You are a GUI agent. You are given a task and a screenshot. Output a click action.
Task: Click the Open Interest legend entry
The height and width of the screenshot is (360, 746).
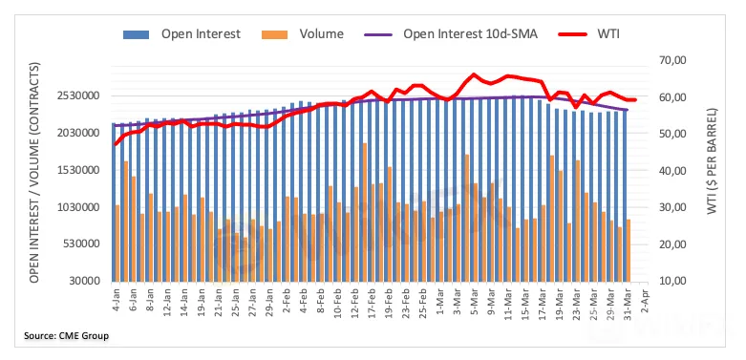[181, 34]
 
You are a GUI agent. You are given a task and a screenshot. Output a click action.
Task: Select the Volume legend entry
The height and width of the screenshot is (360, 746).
[303, 34]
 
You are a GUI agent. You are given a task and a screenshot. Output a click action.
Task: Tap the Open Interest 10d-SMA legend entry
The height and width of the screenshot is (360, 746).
[451, 34]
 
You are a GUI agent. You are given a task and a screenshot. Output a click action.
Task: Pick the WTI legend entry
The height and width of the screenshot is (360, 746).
[587, 34]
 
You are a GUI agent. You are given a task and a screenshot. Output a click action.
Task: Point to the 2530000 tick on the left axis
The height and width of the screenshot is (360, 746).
[80, 96]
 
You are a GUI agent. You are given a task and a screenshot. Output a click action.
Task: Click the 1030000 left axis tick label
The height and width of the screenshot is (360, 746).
[80, 207]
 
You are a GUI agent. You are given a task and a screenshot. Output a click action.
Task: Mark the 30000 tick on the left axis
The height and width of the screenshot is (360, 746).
[87, 281]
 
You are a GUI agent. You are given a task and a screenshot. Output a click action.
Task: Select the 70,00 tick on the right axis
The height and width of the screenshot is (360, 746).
[671, 60]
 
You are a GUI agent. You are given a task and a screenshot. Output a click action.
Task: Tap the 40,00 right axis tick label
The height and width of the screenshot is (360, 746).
[671, 171]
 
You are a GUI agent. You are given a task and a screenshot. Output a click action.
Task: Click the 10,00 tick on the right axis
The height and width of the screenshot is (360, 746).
[671, 281]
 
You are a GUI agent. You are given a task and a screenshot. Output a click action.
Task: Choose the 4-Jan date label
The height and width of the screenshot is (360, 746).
[116, 298]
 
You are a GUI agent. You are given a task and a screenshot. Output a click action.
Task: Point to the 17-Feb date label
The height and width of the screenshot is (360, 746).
[372, 300]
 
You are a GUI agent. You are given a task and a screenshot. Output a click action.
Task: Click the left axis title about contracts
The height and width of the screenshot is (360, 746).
[34, 172]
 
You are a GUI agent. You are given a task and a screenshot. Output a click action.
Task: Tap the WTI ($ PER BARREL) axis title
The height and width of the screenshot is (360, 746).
[712, 161]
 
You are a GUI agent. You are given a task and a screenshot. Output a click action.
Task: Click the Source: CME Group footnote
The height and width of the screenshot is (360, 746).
[67, 336]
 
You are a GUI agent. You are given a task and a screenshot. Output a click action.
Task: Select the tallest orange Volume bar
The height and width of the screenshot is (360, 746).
[365, 212]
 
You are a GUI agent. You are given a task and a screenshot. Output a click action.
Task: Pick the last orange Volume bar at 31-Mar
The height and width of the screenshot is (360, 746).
[628, 250]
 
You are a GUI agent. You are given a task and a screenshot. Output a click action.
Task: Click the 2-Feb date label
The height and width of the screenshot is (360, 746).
[287, 298]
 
